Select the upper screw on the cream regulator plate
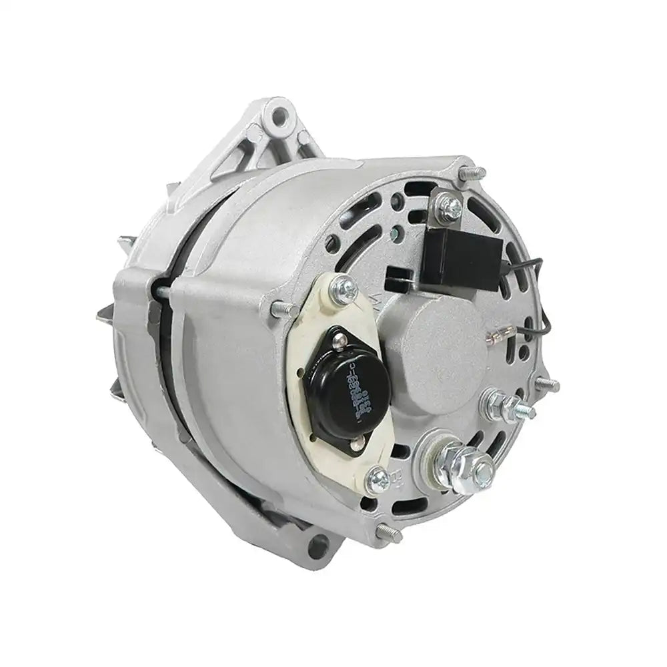346,288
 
